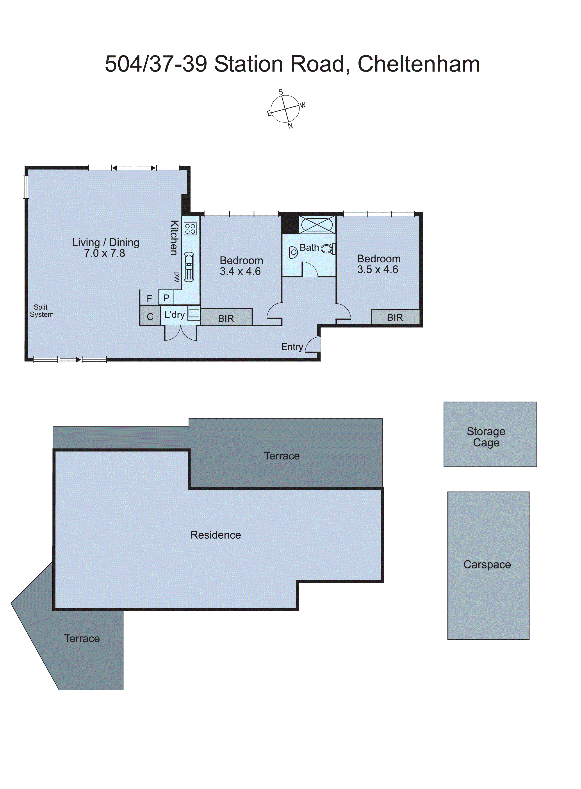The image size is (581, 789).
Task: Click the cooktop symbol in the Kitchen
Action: pyautogui.click(x=190, y=229)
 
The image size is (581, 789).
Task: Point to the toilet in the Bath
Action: pyautogui.click(x=328, y=249)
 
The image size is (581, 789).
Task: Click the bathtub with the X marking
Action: pyautogui.click(x=317, y=224)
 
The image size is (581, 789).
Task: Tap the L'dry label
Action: pyautogui.click(x=175, y=315)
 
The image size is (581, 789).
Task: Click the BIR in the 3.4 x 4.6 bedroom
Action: pyautogui.click(x=226, y=318)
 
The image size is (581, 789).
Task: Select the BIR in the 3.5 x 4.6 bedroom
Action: pyautogui.click(x=395, y=317)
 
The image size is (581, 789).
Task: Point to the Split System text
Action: pyautogui.click(x=41, y=311)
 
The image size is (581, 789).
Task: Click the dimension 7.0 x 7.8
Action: pyautogui.click(x=104, y=253)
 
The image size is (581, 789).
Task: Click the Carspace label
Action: pyautogui.click(x=487, y=565)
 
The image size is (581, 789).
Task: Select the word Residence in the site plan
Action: pyautogui.click(x=216, y=535)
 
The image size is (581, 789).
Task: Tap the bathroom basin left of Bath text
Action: pyautogui.click(x=294, y=252)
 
